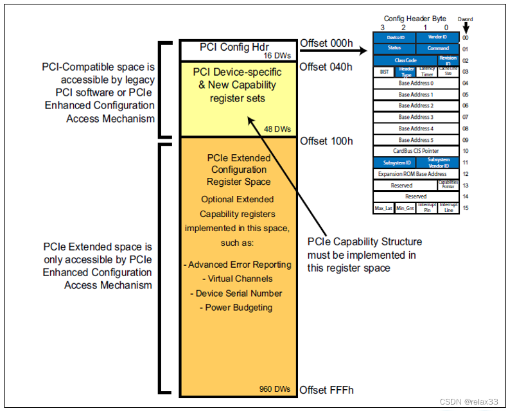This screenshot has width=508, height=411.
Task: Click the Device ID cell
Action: [x=395, y=37]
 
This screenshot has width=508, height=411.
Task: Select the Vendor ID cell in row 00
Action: [x=437, y=37]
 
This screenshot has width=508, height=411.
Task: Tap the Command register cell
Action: [x=437, y=48]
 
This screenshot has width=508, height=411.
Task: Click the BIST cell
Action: [x=384, y=72]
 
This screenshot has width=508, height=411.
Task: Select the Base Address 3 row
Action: [x=416, y=117]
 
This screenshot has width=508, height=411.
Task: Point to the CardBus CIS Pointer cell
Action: [x=416, y=151]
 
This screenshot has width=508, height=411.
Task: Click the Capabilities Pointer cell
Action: [x=448, y=185]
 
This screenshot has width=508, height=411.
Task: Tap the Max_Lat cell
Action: [x=383, y=208]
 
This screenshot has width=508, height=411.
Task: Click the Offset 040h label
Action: [x=326, y=67]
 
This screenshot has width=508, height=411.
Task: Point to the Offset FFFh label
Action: [x=326, y=390]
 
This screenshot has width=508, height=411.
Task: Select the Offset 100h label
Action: [x=326, y=141]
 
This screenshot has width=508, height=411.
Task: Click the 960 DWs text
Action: [x=275, y=389]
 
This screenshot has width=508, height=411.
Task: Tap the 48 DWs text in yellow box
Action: [x=277, y=128]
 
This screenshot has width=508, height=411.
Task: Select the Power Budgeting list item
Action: [x=239, y=308]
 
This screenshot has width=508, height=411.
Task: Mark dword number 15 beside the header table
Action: [x=466, y=208]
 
